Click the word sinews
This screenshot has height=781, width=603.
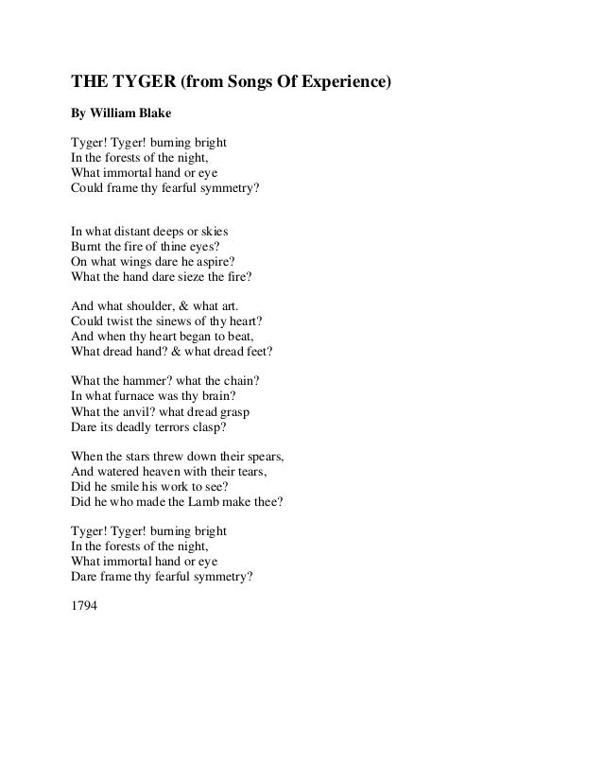coord(177,322)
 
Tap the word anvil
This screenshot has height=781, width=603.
coord(139,411)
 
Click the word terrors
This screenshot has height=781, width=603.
coord(189,426)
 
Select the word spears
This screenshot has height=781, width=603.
coord(264,457)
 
